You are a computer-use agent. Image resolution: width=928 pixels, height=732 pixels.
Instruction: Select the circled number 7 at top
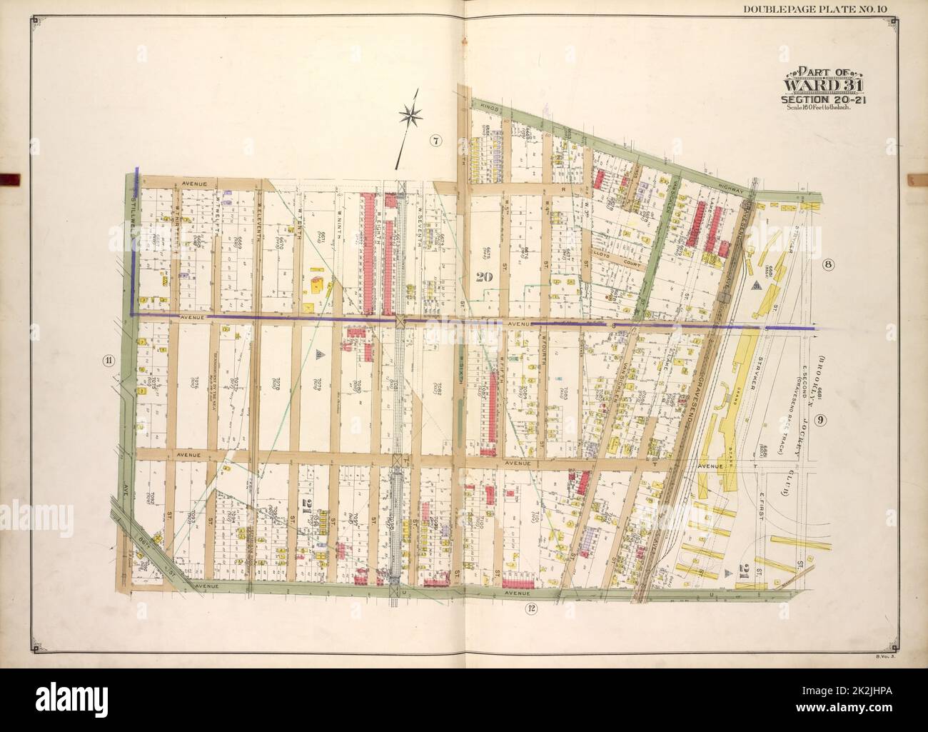(x=435, y=141)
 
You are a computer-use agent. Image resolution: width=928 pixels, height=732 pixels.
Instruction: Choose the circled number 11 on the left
(x=108, y=360)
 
